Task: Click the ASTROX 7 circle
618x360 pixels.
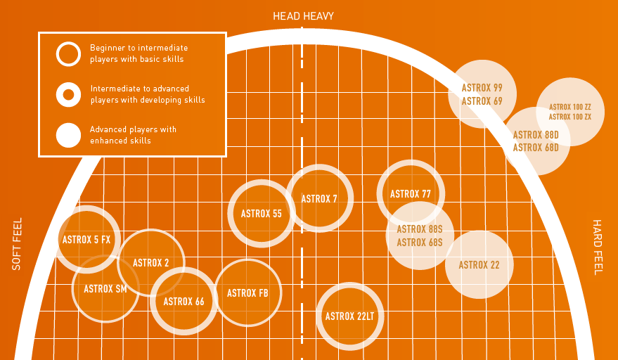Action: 319,198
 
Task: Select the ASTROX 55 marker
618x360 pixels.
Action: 262,214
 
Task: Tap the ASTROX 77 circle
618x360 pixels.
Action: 411,194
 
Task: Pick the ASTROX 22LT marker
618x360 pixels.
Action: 349,316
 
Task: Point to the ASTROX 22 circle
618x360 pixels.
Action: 479,265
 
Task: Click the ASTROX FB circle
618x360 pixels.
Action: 247,293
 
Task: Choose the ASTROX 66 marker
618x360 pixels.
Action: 184,302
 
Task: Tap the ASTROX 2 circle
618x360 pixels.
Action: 151,263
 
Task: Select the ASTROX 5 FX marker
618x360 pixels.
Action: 87,240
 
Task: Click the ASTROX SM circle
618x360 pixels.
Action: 105,288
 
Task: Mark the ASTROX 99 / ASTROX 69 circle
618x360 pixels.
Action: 482,94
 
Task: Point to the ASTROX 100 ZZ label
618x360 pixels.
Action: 570,107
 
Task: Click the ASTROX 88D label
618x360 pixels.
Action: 536,135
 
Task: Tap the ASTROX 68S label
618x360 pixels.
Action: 420,243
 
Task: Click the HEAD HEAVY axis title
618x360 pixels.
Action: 303,15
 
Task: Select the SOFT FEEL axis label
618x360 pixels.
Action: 18,243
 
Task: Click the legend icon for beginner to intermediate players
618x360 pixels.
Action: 68,53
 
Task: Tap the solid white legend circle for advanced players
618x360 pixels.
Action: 68,135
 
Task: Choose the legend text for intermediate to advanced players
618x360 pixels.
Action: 148,94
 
